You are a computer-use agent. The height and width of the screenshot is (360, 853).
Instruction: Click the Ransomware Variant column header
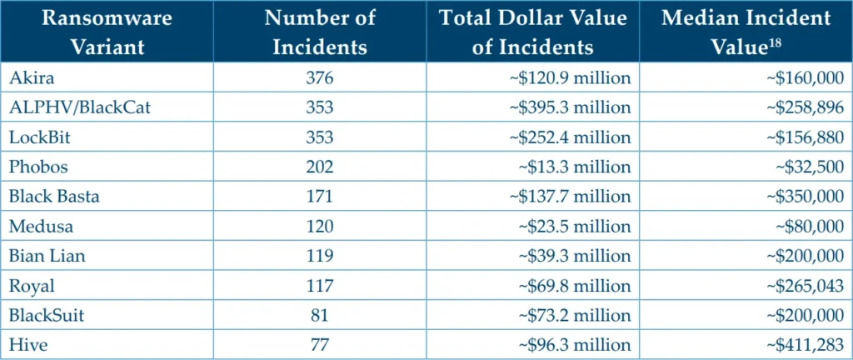(107, 32)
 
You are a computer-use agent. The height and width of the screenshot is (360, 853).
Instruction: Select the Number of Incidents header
(319, 32)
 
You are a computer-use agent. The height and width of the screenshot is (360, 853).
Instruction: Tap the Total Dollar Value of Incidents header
(533, 32)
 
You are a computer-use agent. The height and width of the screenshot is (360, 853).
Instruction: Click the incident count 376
(319, 77)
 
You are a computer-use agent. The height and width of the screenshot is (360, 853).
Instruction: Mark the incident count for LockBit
(319, 137)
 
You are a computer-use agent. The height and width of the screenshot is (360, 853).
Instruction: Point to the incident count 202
(319, 167)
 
